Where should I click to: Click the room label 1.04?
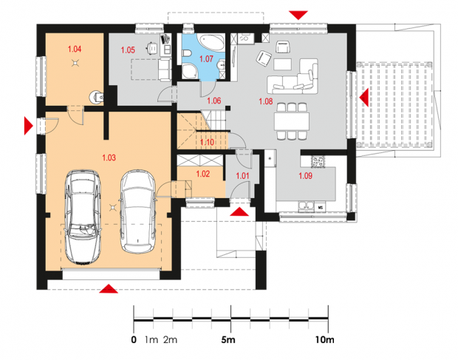[75, 49]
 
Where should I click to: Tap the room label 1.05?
[128, 50]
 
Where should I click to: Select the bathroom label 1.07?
[206, 59]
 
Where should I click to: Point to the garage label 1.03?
[109, 157]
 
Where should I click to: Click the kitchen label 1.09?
[305, 176]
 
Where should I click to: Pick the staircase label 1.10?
[207, 143]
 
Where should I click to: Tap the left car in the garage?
[83, 217]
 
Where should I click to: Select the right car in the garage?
[138, 211]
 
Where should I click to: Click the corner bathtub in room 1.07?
[211, 42]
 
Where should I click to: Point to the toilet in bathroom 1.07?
[187, 53]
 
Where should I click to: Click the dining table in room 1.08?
[292, 121]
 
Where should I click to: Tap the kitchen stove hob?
[318, 162]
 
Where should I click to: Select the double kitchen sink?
[306, 206]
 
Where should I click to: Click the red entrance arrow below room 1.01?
[239, 212]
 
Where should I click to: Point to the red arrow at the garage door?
[109, 288]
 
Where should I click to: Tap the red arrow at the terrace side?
[364, 98]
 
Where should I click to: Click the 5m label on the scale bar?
[228, 340]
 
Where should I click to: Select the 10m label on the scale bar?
[324, 340]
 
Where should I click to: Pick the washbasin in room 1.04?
[96, 96]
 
